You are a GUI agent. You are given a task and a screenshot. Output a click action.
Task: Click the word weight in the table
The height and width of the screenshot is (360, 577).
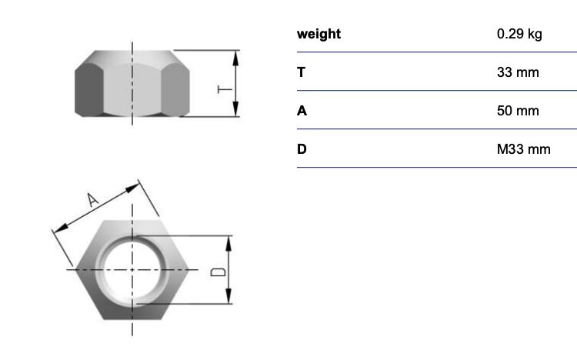coord(319,34)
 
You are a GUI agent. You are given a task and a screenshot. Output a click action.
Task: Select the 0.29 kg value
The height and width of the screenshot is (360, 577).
coord(519,34)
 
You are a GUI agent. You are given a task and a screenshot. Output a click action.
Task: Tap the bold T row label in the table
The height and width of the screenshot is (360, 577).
coord(301,72)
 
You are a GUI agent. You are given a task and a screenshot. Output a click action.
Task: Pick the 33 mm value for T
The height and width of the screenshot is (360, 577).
coord(518,72)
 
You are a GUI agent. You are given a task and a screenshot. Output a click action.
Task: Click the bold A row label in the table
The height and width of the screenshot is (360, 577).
coord(302,111)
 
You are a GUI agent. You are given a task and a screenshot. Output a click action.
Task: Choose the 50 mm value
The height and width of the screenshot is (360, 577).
coord(518,111)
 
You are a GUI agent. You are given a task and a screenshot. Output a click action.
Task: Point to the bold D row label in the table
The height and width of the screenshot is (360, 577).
coord(302,149)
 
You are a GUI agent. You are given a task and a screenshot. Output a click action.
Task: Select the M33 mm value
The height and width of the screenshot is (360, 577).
coord(524,149)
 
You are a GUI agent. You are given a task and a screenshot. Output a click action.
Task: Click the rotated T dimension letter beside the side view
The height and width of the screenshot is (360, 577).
coord(225,89)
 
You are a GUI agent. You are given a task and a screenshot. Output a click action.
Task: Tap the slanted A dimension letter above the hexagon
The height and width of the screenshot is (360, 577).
coord(92,200)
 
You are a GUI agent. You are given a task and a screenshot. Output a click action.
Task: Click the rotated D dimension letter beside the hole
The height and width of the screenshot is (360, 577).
coord(218,272)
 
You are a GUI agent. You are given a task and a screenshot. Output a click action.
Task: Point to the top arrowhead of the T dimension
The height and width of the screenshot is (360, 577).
coord(236,58)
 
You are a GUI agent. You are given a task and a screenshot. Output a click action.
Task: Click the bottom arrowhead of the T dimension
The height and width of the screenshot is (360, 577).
coord(236,108)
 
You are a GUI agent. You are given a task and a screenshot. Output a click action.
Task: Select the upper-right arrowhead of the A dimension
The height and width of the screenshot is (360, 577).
coord(132,188)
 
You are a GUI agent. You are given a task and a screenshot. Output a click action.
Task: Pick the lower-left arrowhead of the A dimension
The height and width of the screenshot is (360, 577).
coord(61,228)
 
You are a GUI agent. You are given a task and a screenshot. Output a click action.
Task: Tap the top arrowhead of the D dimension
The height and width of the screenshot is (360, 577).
coord(228,244)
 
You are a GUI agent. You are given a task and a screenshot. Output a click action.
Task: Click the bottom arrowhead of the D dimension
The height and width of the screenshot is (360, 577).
coord(228,296)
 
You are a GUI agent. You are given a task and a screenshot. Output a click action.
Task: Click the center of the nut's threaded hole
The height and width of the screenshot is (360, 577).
coord(132,270)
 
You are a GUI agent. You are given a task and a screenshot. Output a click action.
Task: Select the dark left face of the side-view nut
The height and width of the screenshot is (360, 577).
coord(88,89)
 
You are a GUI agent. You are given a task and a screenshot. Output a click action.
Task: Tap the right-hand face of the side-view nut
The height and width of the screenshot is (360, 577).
coord(175,89)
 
